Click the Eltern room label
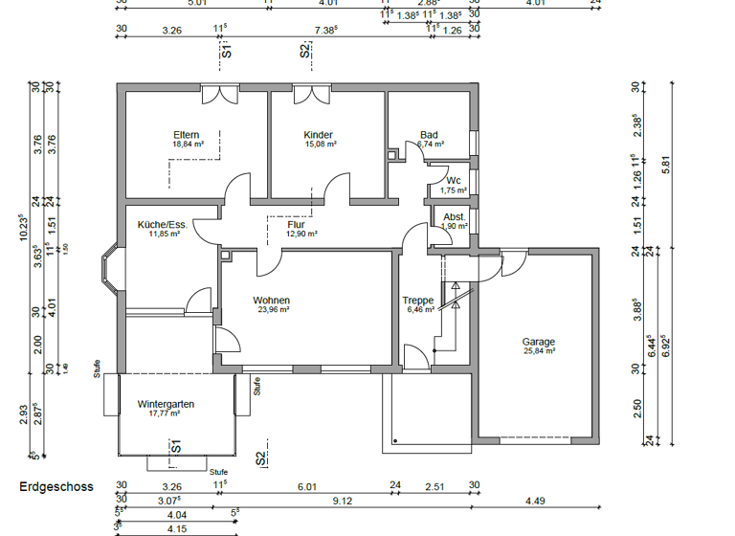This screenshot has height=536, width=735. click(x=187, y=135)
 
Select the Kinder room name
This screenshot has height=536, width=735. click(x=318, y=135)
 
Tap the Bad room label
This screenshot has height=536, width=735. click(x=429, y=135)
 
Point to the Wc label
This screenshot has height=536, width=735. click(x=454, y=180)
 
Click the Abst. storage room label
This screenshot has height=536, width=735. click(x=455, y=216)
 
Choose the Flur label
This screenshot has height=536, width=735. click(x=296, y=225)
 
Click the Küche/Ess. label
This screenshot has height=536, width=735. click(x=163, y=225)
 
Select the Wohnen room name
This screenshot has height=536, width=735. click(x=272, y=300)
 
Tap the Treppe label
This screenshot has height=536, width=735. click(x=418, y=300)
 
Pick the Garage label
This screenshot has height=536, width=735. click(x=538, y=342)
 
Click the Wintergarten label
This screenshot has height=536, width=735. click(x=166, y=404)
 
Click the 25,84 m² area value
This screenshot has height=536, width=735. click(x=538, y=351)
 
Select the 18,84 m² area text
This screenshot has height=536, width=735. click(x=187, y=145)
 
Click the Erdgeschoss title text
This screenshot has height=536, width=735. click(x=56, y=486)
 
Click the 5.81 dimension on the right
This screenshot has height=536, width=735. click(x=681, y=165)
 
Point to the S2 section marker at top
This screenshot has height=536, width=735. click(x=305, y=51)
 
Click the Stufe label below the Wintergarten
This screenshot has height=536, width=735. click(x=219, y=472)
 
